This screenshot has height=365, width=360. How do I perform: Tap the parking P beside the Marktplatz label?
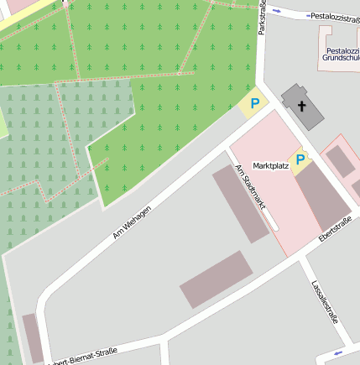(x=300, y=159)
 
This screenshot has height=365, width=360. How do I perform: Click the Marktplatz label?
(x=270, y=166)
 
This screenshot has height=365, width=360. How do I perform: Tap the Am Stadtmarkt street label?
(x=249, y=186)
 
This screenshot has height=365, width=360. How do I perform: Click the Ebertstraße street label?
(x=334, y=232)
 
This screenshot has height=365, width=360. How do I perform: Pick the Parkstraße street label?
(x=262, y=17)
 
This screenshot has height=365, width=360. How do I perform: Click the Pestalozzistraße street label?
(x=334, y=16)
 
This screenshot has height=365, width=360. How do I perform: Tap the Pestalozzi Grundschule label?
(x=342, y=56)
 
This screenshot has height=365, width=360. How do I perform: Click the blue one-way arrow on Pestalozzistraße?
(x=284, y=12)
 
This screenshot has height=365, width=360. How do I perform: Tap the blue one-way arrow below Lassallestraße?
(x=338, y=352)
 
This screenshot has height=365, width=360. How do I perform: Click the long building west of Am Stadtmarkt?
(x=240, y=204)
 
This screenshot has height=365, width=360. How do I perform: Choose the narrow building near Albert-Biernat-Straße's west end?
(x=32, y=337)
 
